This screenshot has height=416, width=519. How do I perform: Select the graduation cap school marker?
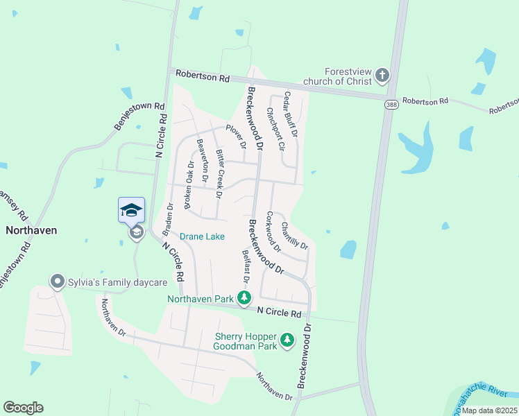pos(132,210)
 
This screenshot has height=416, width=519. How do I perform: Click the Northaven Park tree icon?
pos(244,298)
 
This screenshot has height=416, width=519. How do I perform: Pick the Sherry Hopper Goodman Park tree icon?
pos(287,340)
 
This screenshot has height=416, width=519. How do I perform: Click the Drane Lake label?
pos(204,236)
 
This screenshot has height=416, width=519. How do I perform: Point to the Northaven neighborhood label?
pos(31,229)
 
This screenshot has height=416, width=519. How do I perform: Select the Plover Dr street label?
pos(235,137)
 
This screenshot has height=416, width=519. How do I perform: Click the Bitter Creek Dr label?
pos(219,173)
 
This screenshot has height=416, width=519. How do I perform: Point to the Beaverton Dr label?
pos(203,159)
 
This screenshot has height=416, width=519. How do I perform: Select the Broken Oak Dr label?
pos(189,183)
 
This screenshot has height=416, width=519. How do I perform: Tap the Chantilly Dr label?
pos(294,234)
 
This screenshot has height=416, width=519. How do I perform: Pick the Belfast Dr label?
pos(245,265)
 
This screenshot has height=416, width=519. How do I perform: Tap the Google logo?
pos(23,408)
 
